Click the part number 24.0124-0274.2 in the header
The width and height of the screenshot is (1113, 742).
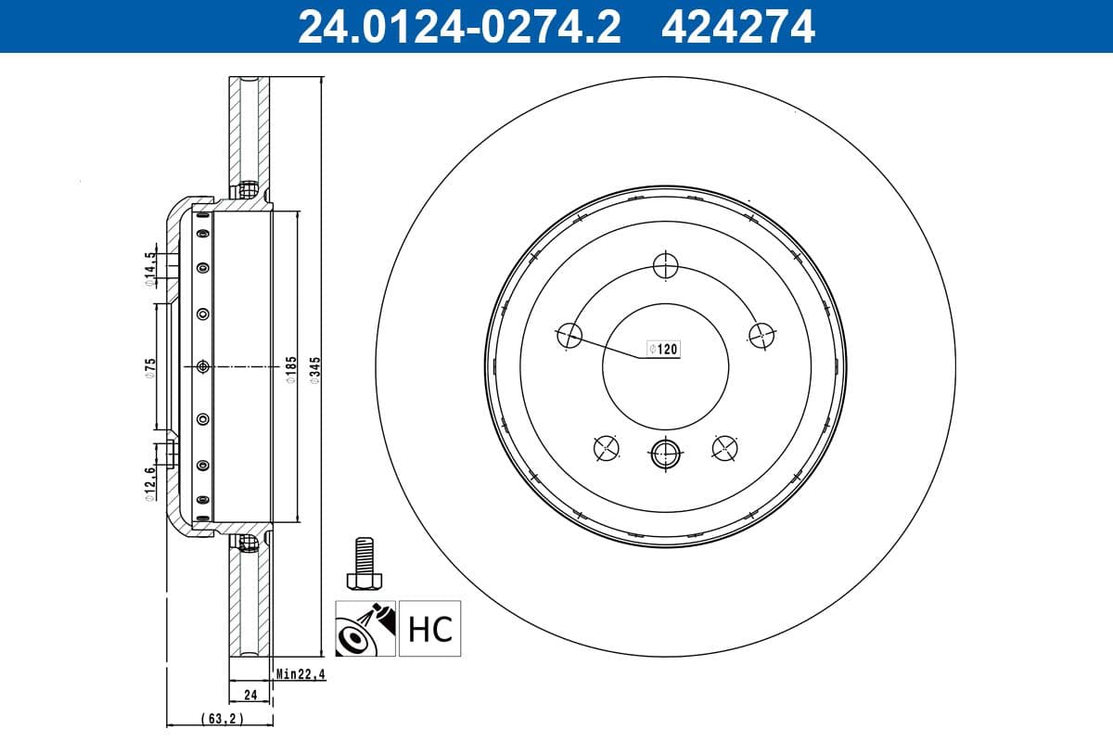pyautogui.click(x=458, y=26)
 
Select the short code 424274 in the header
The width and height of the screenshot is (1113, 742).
pyautogui.click(x=737, y=26)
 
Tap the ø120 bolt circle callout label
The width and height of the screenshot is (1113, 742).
pyautogui.click(x=664, y=349)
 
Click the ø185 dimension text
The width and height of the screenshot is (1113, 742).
pyautogui.click(x=290, y=367)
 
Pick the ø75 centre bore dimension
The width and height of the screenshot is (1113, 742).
pyautogui.click(x=149, y=367)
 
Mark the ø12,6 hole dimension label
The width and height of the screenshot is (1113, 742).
pyautogui.click(x=149, y=482)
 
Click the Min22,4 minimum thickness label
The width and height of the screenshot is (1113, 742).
pyautogui.click(x=298, y=674)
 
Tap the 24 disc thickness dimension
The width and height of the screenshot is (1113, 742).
pyautogui.click(x=249, y=694)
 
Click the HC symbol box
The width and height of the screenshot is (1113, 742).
pyautogui.click(x=430, y=629)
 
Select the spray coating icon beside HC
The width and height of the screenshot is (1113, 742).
pyautogui.click(x=366, y=629)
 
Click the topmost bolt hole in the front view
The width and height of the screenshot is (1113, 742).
pyautogui.click(x=665, y=265)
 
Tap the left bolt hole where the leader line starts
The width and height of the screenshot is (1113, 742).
pyautogui.click(x=569, y=335)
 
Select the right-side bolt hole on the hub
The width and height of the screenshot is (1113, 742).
pyautogui.click(x=761, y=335)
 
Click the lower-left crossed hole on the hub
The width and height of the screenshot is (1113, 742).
pyautogui.click(x=605, y=447)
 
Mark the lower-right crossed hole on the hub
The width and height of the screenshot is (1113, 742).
pyautogui.click(x=724, y=447)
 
